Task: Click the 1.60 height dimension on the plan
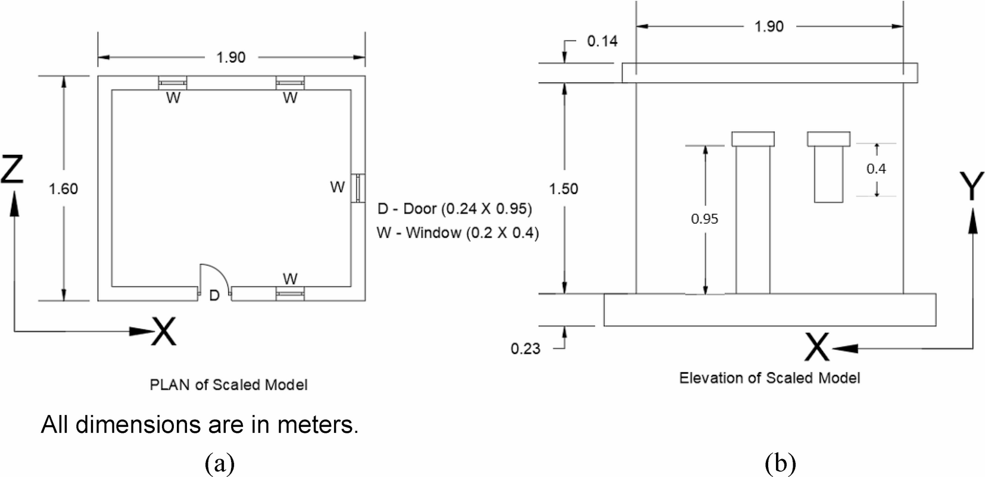tap(63, 189)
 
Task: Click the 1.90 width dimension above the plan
tap(231, 57)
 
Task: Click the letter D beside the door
tap(214, 295)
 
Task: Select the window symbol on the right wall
tap(357, 188)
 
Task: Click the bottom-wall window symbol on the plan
tap(290, 294)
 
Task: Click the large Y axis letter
tap(971, 186)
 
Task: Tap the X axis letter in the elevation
tap(816, 348)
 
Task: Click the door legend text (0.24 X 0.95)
tap(454, 209)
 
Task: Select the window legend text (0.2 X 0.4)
tap(457, 233)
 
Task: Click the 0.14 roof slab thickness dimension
tap(602, 41)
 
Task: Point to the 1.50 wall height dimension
tap(563, 189)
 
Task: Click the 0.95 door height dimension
tap(705, 219)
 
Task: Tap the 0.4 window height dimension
tap(875, 169)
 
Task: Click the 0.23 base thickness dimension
tap(525, 348)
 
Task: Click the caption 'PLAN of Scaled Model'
tap(229, 385)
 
